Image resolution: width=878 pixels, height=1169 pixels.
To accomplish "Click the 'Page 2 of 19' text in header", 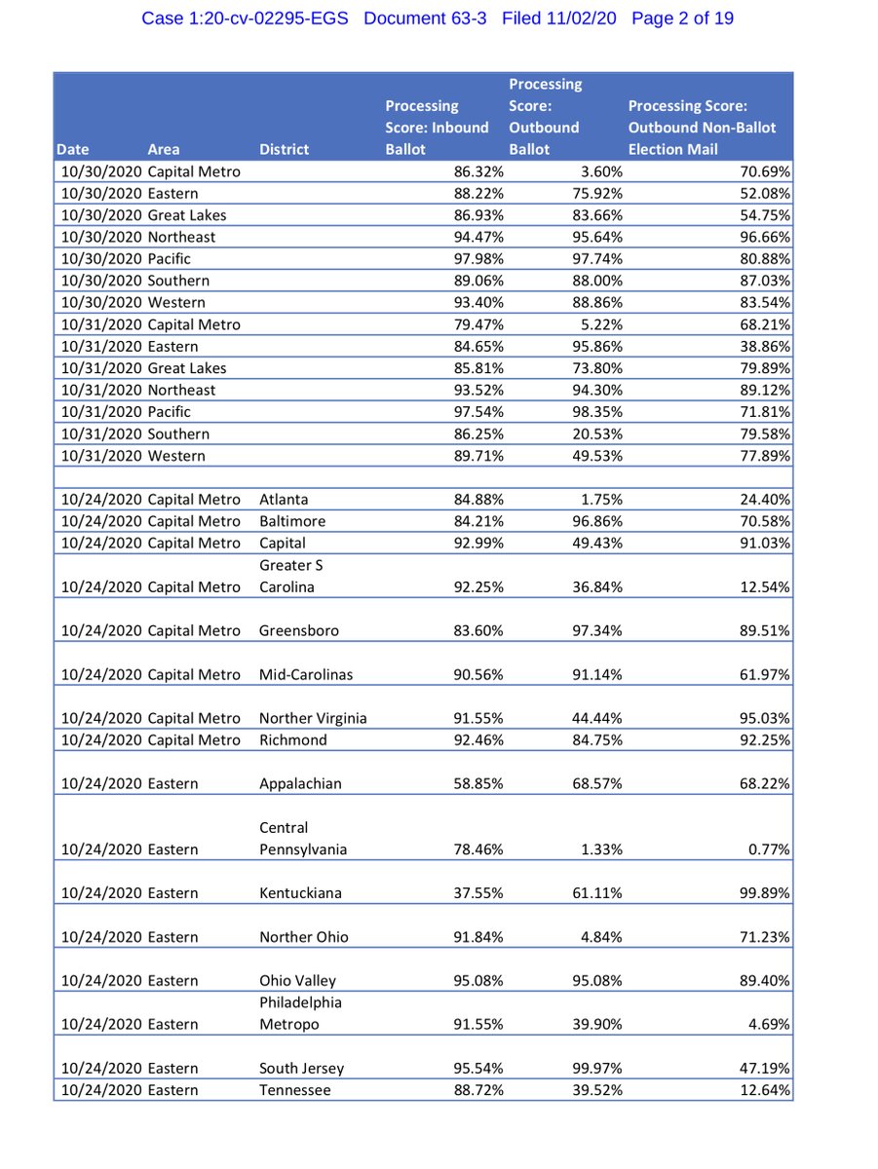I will coord(682,19).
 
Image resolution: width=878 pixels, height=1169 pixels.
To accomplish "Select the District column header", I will coord(284,149).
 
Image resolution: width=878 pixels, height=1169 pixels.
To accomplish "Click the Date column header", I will coord(73,149).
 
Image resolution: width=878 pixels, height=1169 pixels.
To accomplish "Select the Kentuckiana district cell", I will coord(301,893).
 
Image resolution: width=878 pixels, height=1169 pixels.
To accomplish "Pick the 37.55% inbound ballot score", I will coord(478,893).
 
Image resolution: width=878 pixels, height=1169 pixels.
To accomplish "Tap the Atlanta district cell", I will coord(284,500).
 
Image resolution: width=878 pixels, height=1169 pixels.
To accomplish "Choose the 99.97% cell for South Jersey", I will coord(596,1069).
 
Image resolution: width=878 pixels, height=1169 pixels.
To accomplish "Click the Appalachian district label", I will coord(300,783).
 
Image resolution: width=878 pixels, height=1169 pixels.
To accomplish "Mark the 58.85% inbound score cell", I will coord(478,783).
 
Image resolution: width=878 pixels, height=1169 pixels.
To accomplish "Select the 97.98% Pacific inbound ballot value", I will coord(478,259).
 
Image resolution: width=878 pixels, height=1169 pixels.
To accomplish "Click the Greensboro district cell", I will coord(299,630).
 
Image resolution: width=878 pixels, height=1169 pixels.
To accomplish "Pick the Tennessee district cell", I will coord(294,1090).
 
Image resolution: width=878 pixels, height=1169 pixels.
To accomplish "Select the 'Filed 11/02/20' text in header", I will coord(559,19).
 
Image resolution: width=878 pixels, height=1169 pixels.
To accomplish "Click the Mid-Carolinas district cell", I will coord(306,674).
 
